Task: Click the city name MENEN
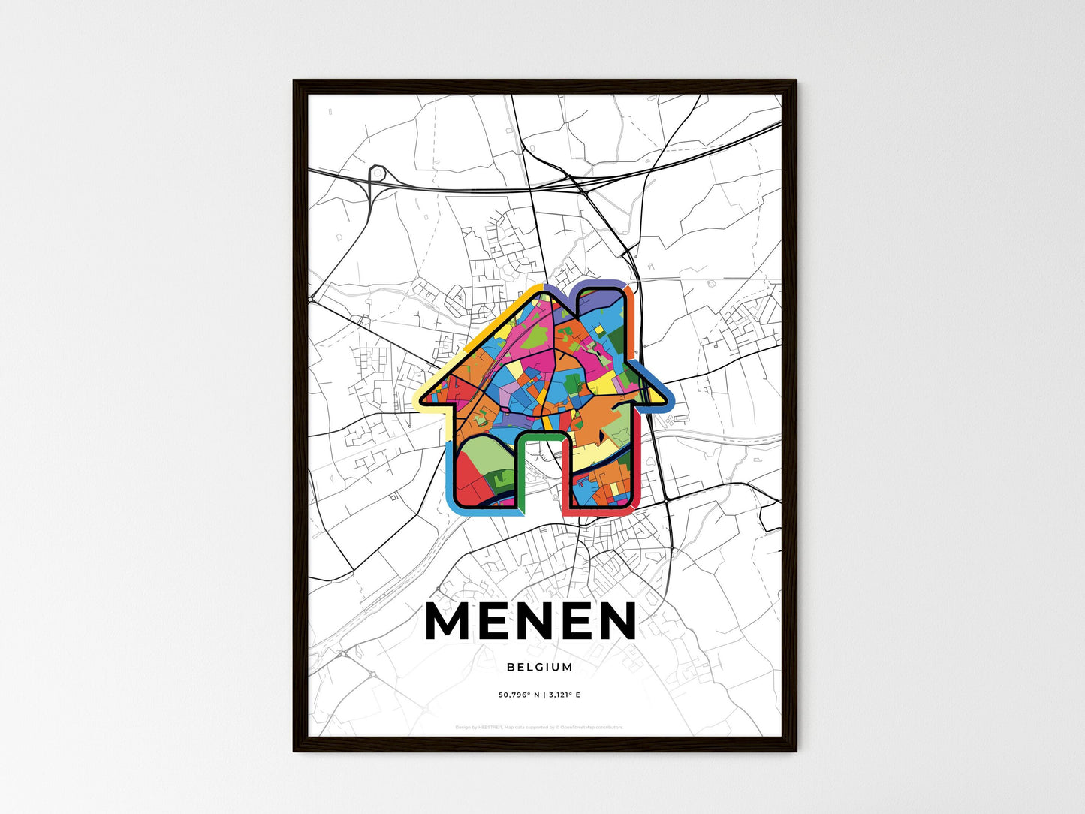(x=530, y=621)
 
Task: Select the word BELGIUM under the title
(x=539, y=667)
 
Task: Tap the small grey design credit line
(x=539, y=727)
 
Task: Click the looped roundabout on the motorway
(x=376, y=175)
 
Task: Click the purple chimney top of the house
(x=601, y=285)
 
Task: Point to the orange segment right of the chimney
(x=632, y=315)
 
